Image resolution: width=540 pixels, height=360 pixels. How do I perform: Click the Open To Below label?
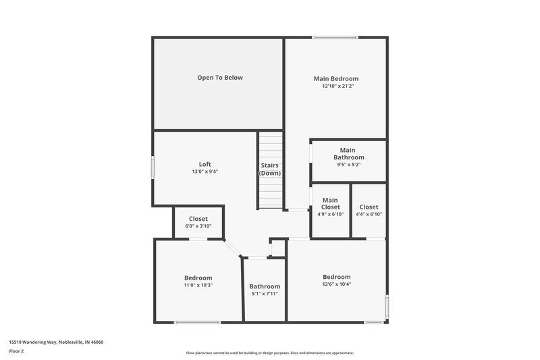click(x=219, y=78)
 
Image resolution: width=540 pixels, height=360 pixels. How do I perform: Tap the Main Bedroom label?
click(x=335, y=78)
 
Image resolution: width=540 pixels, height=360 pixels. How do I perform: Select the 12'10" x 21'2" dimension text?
click(x=335, y=86)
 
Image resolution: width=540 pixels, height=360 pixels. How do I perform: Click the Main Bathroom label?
click(x=348, y=153)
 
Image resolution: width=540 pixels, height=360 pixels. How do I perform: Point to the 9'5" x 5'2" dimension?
click(x=348, y=164)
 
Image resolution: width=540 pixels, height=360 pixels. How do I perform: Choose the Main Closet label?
click(x=330, y=203)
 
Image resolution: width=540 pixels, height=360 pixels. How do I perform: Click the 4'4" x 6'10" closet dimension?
click(x=369, y=214)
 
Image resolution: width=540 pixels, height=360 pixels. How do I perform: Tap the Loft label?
click(x=205, y=164)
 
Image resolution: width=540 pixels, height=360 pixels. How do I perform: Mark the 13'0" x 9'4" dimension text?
click(x=205, y=172)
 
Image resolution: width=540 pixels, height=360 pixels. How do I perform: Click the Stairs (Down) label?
click(x=270, y=169)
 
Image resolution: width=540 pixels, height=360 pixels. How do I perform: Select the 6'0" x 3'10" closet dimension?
click(x=198, y=226)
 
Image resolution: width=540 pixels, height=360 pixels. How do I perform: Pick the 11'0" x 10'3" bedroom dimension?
click(x=198, y=285)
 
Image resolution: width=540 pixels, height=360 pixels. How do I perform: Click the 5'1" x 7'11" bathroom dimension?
click(x=265, y=294)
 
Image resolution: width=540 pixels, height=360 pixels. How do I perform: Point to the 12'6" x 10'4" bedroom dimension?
click(x=336, y=284)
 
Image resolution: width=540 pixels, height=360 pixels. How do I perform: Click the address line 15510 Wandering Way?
click(x=56, y=342)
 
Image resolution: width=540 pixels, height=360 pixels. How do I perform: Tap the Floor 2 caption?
click(x=17, y=351)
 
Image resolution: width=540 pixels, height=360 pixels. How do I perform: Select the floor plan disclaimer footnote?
click(x=270, y=353)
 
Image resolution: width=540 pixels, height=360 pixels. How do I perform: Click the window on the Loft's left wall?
click(x=153, y=167)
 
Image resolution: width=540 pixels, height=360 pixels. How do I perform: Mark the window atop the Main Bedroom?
click(x=335, y=38)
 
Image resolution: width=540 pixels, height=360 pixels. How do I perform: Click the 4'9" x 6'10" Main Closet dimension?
click(x=330, y=214)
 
